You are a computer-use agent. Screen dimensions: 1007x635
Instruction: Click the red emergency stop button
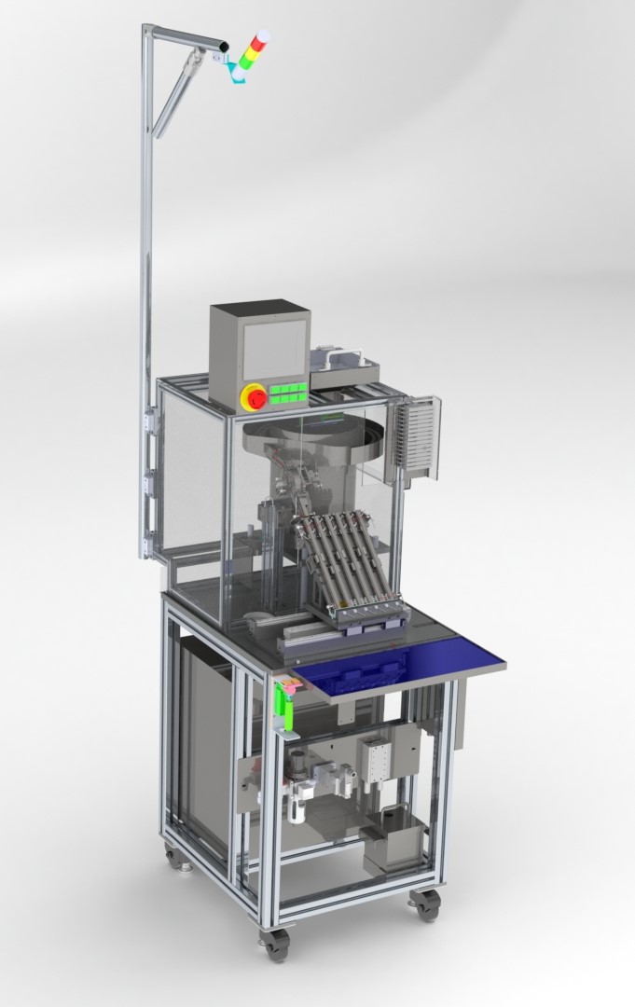click(x=255, y=398)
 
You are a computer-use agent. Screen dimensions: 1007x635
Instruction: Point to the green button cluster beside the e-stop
click(x=289, y=393)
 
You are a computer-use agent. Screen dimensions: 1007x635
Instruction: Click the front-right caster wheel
click(x=427, y=904)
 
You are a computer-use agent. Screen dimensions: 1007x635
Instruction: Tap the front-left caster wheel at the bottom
click(x=275, y=943)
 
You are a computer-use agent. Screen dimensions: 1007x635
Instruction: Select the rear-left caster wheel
click(x=173, y=854)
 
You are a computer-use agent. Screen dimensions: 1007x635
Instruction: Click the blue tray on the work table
click(x=401, y=663)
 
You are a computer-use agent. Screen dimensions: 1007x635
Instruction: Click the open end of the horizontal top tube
click(x=225, y=44)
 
